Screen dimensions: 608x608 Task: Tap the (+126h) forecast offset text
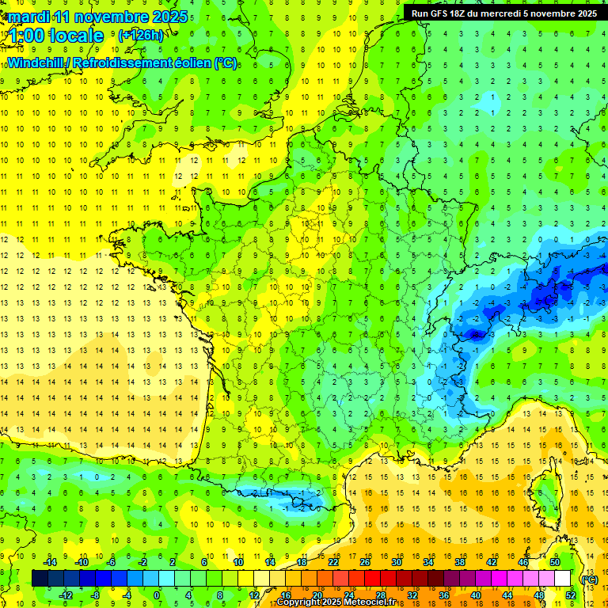click(x=140, y=36)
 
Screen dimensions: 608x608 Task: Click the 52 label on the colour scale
click(x=570, y=595)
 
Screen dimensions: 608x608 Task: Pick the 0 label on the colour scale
click(x=156, y=595)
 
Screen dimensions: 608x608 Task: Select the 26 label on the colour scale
click(x=365, y=562)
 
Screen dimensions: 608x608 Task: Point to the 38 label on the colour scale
click(x=459, y=562)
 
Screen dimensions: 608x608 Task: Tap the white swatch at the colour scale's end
click(x=563, y=579)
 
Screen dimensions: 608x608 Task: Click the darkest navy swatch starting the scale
click(x=40, y=579)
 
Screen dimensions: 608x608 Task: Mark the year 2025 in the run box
click(x=586, y=13)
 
